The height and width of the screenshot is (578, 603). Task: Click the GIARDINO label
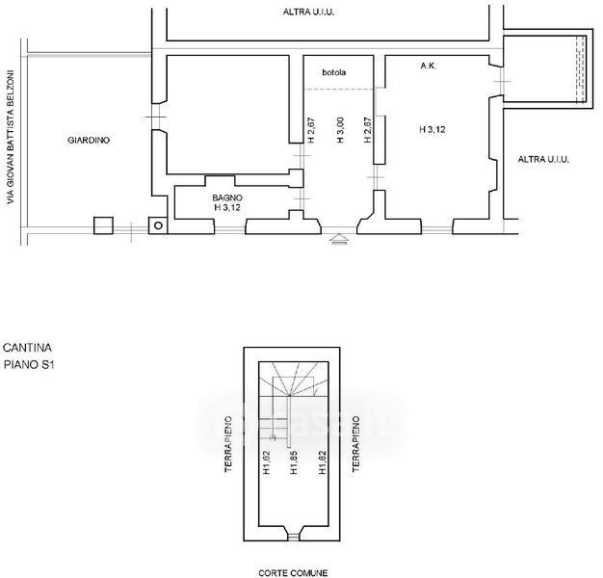coord(89,141)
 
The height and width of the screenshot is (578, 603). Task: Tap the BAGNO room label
coord(227,197)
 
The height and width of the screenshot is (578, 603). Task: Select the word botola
coord(334,72)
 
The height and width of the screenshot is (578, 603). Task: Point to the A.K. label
coord(428,66)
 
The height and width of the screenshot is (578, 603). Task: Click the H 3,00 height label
coord(340,130)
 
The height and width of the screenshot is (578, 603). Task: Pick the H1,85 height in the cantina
coord(294,461)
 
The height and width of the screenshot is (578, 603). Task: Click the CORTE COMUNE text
coord(293,573)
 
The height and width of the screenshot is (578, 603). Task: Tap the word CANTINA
coord(27,348)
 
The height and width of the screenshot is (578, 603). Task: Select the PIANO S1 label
coord(29,364)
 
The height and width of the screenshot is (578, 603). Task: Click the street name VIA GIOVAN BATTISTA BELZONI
coord(11,137)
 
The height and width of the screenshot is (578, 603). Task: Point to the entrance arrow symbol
coord(339,239)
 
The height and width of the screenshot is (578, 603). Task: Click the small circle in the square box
coord(158,225)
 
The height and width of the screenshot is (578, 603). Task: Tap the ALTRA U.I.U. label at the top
coord(308,12)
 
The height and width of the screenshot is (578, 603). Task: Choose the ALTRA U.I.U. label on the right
coord(543,159)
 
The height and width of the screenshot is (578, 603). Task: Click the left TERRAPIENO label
coord(228,444)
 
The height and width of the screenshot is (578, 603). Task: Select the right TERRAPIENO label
coord(355,444)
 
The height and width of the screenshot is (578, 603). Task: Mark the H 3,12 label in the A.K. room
coord(433,130)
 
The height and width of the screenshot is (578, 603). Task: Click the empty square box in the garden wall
coord(103,225)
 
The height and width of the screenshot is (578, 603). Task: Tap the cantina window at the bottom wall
coord(294,536)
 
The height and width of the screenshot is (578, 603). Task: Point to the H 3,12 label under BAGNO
coord(227,208)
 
